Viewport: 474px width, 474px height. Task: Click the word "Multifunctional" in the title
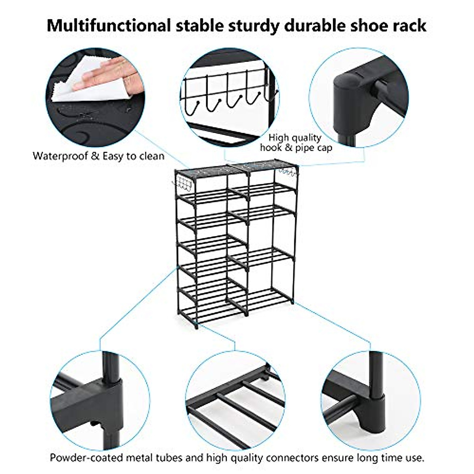click(109, 26)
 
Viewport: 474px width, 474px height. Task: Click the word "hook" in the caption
click(271, 148)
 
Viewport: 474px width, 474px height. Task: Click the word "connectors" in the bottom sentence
click(292, 458)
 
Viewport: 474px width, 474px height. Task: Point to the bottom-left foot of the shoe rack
click(196, 325)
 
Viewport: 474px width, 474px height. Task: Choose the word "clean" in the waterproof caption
click(150, 156)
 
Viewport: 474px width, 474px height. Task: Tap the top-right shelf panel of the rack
click(268, 164)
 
